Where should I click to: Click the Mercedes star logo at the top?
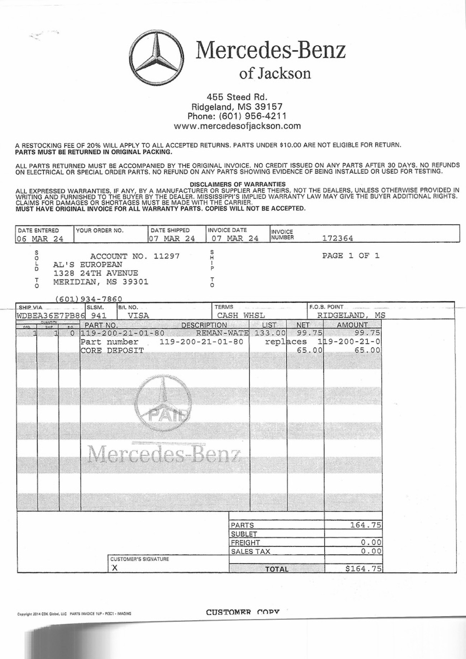click(x=156, y=58)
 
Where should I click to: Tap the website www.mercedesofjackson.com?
click(x=237, y=126)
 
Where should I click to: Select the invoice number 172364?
click(x=337, y=238)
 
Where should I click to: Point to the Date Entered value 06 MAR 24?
click(x=40, y=239)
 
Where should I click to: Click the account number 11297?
click(x=166, y=256)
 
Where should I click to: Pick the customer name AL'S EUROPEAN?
click(x=88, y=265)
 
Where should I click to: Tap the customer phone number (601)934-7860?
click(x=89, y=299)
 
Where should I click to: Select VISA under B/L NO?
click(x=138, y=316)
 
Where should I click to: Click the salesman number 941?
click(x=99, y=316)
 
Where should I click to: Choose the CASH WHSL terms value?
click(x=241, y=316)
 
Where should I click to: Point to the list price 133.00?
click(x=270, y=333)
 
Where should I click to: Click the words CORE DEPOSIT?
click(x=112, y=350)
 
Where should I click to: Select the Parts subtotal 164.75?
click(x=365, y=525)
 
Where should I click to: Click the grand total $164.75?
click(x=363, y=569)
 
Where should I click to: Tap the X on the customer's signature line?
click(x=114, y=568)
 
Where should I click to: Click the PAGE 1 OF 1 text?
click(x=350, y=256)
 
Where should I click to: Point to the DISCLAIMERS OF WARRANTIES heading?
click(x=237, y=184)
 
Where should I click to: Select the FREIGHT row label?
click(x=245, y=542)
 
